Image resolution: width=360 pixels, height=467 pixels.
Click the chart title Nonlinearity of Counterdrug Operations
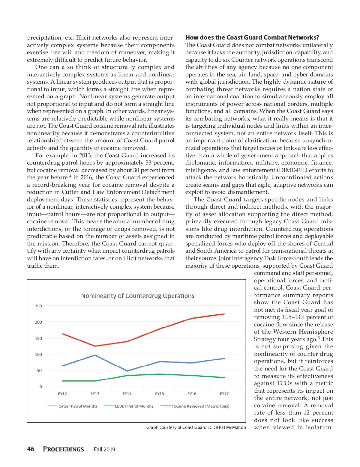(138, 296)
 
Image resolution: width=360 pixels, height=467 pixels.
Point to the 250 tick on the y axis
(39, 306)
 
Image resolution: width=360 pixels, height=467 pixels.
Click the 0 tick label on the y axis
(40, 387)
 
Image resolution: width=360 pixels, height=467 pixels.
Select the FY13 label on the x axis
(95, 394)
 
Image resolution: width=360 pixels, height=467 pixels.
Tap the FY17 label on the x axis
(224, 394)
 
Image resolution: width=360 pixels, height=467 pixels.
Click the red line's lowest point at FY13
(95, 346)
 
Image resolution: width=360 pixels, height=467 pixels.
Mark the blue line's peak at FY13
(95, 355)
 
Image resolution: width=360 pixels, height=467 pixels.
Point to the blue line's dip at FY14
(127, 371)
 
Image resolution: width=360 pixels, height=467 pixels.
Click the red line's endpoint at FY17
(224, 314)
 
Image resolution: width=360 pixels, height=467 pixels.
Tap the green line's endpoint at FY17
(224, 377)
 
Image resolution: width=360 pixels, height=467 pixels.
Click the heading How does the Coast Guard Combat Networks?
(252, 37)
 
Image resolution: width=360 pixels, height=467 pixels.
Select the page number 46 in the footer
(31, 449)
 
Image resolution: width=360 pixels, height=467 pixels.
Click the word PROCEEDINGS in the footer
(63, 449)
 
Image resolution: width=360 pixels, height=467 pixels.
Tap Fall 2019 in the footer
(104, 449)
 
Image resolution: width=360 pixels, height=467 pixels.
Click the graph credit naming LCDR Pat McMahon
(196, 427)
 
